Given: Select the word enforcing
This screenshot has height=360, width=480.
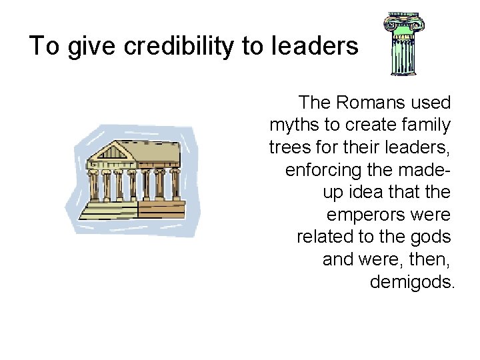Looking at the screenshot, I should click(x=325, y=170).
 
